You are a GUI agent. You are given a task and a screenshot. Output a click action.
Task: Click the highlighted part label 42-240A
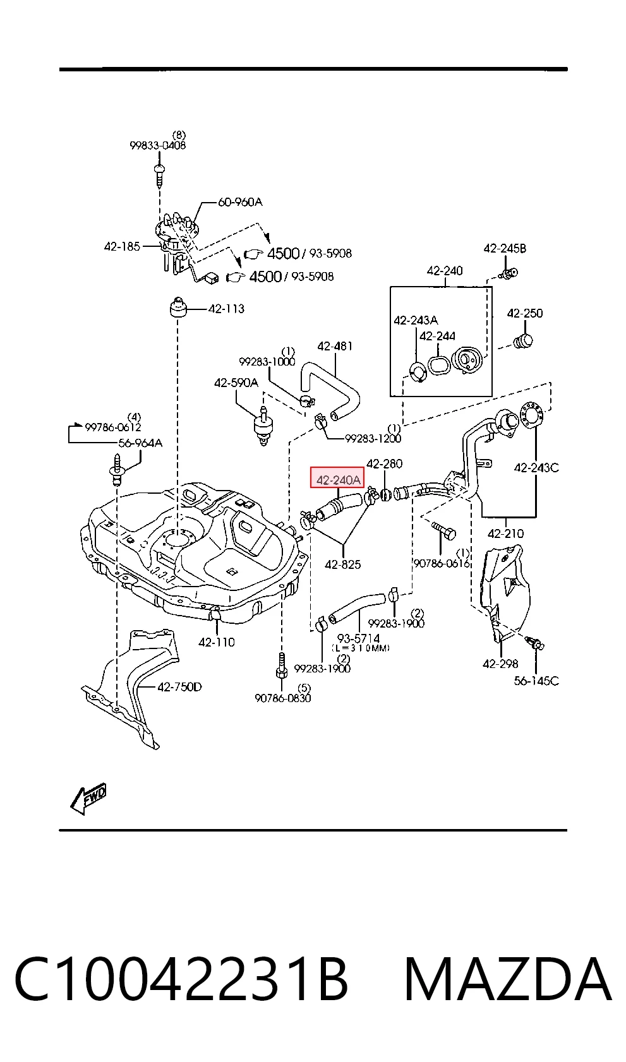(337, 480)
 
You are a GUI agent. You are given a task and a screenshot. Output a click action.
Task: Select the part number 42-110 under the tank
(216, 642)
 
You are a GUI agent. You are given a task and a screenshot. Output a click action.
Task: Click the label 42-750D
(179, 686)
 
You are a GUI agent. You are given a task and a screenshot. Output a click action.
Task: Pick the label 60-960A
(240, 202)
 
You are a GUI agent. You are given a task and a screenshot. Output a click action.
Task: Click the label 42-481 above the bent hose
(335, 346)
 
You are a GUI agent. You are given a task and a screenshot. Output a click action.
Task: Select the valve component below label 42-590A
(263, 425)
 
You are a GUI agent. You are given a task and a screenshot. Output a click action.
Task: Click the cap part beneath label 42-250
(523, 341)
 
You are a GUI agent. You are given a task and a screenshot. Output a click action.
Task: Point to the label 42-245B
(505, 248)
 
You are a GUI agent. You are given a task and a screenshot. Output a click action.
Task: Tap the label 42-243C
(536, 468)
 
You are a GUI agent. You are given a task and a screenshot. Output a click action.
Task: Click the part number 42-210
(505, 534)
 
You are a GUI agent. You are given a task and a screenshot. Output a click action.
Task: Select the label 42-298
(500, 664)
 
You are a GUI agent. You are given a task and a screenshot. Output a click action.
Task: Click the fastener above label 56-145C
(536, 643)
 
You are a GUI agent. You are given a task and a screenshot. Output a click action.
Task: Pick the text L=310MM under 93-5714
(361, 648)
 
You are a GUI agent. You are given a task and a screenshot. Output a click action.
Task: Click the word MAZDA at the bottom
(507, 979)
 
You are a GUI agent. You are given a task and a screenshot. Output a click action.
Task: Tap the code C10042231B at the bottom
(181, 979)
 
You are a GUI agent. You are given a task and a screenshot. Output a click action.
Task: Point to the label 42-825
(342, 564)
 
